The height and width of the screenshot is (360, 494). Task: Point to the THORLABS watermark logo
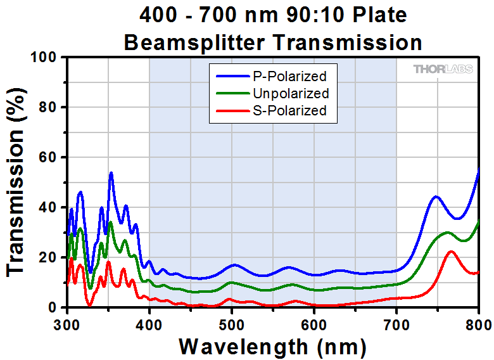pos(443,69)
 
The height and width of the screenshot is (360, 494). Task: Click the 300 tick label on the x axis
pos(67,325)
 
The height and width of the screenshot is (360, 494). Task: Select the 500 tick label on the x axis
pos(232,325)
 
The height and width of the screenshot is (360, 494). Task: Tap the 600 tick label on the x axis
pos(314,325)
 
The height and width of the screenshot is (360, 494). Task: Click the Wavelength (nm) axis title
pos(272,346)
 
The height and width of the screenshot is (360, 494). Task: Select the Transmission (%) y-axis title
pos(17,182)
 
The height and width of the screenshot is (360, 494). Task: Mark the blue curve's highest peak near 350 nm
pos(111,172)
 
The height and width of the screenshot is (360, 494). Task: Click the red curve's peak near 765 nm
pos(451,252)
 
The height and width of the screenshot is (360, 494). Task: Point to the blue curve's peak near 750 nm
pos(436,196)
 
